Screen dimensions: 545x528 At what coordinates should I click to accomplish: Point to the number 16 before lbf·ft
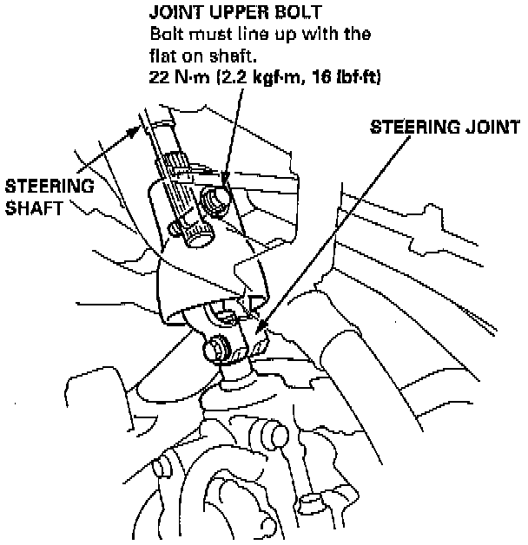point(327,77)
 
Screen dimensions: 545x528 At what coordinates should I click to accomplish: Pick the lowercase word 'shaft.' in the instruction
point(228,56)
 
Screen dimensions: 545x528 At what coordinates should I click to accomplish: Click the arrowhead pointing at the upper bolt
point(223,182)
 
